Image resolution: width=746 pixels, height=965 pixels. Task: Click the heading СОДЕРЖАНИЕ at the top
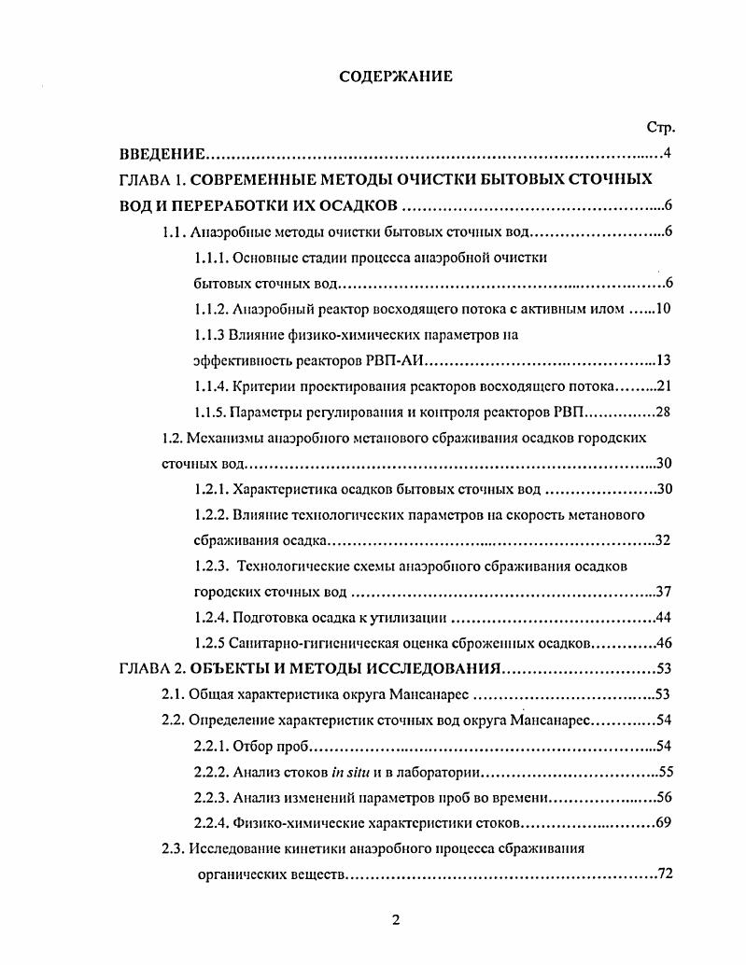click(395, 77)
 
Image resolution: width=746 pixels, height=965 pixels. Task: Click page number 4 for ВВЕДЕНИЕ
click(665, 154)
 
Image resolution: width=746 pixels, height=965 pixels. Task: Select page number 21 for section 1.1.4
click(664, 385)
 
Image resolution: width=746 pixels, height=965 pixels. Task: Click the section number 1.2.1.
click(210, 488)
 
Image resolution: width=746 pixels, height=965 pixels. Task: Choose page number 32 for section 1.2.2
click(664, 540)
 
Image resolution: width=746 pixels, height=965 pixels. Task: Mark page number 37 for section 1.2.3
click(664, 592)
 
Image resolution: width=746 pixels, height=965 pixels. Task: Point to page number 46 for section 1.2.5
click(664, 643)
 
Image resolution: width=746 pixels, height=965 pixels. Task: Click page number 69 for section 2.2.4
click(664, 823)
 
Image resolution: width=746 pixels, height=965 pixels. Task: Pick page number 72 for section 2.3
click(664, 874)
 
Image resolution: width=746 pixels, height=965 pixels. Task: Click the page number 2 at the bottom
click(395, 920)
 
